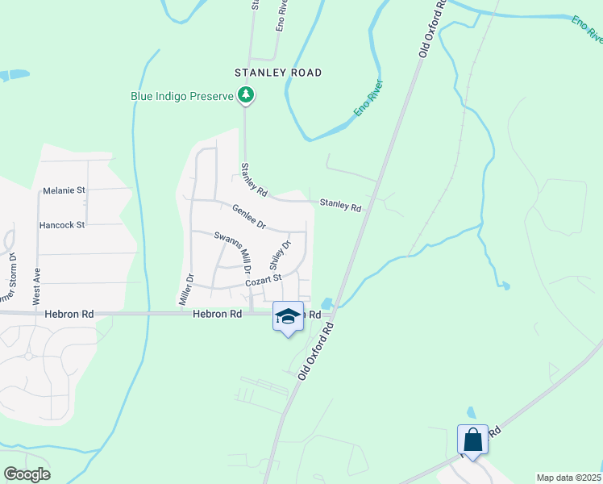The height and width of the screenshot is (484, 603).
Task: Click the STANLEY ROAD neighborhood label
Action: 278,73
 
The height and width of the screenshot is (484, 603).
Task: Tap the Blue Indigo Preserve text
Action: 181,96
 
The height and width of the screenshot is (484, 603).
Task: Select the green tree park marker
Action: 246,97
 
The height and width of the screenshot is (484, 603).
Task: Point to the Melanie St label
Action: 64,190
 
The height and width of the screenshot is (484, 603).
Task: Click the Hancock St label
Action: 64,225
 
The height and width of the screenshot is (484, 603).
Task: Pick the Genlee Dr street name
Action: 248,216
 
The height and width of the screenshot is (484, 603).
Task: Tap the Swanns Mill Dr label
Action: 233,252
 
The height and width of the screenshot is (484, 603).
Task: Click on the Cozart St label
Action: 262,280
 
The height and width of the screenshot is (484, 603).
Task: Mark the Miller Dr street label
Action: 185,289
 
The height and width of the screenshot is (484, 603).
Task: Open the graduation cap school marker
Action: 288,316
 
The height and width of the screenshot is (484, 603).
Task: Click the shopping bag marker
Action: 472,440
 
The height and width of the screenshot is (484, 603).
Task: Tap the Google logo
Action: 26,474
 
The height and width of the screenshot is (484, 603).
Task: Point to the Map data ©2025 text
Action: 568,478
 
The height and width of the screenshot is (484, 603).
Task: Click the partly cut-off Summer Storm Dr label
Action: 11,278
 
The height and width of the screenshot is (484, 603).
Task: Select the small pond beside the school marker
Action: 326,304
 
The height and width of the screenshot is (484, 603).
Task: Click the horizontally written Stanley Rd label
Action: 340,205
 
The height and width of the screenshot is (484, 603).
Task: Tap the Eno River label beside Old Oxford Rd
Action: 368,98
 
